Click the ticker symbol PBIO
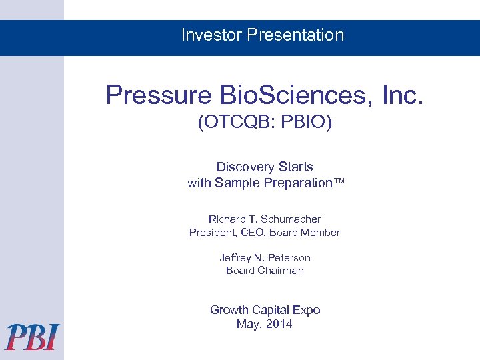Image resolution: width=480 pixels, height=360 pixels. pyautogui.click(x=306, y=124)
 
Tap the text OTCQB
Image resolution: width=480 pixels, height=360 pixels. pyautogui.click(x=233, y=124)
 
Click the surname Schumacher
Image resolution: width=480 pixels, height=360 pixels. pyautogui.click(x=292, y=219)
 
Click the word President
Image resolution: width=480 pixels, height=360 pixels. pyautogui.click(x=213, y=233)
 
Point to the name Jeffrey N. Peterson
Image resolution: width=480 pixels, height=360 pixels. pyautogui.click(x=265, y=257)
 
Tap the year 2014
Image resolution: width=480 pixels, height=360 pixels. pyautogui.click(x=279, y=324)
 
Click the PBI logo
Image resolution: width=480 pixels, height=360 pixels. pyautogui.click(x=32, y=337)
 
